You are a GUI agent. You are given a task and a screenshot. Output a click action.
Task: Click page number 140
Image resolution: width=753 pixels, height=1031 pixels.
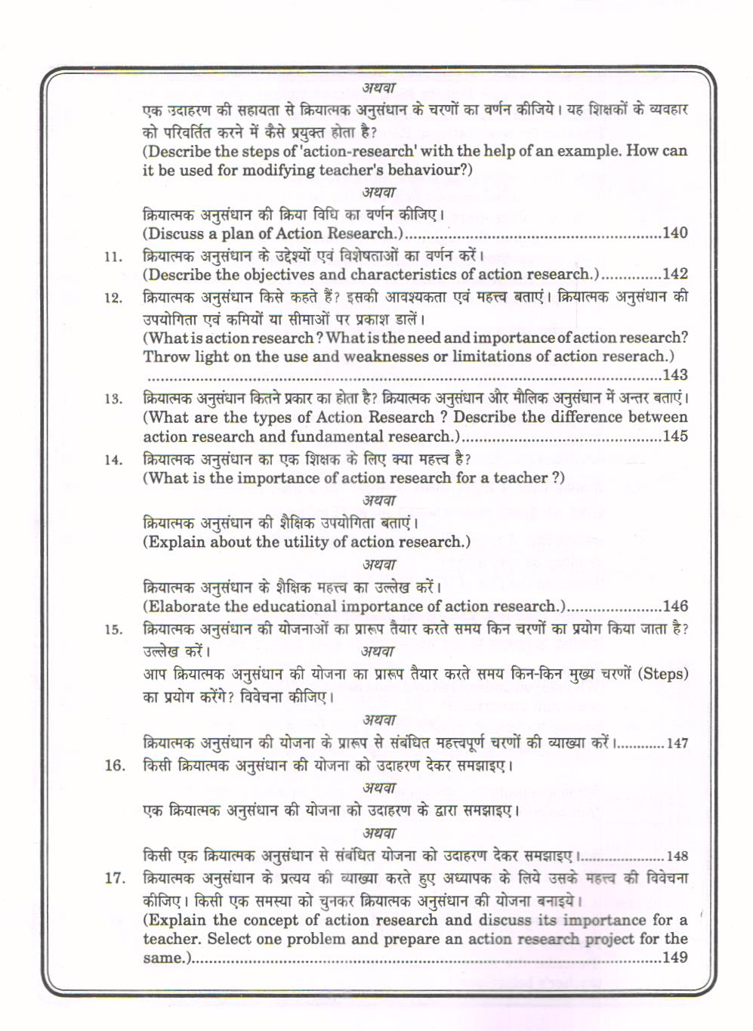pyautogui.click(x=674, y=233)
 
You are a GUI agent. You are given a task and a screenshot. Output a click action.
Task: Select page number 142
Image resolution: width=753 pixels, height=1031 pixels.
pyautogui.click(x=674, y=274)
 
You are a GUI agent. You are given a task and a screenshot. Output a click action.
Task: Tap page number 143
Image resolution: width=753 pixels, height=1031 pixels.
pyautogui.click(x=674, y=375)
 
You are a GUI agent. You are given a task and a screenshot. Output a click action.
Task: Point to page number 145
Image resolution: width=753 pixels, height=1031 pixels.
pyautogui.click(x=674, y=436)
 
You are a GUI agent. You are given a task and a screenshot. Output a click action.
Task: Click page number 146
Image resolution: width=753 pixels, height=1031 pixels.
pyautogui.click(x=674, y=606)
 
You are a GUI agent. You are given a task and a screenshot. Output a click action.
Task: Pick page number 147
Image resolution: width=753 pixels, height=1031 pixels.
pyautogui.click(x=677, y=743)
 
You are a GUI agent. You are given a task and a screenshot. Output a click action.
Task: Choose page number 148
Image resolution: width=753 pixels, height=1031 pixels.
pyautogui.click(x=677, y=857)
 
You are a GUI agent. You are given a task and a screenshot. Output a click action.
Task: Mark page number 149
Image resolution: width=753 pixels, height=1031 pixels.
pyautogui.click(x=674, y=958)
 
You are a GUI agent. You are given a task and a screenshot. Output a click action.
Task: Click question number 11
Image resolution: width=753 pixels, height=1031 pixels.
pyautogui.click(x=113, y=257)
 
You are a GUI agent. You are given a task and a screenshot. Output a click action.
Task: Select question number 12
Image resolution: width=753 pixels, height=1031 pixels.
pyautogui.click(x=113, y=298)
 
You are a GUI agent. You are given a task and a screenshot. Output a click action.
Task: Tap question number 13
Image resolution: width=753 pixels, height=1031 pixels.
pyautogui.click(x=113, y=399)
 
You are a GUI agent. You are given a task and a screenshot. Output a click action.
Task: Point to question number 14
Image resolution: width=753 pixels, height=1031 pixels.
pyautogui.click(x=113, y=460)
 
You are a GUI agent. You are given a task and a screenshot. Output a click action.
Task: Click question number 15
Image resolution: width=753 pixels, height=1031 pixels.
pyautogui.click(x=113, y=630)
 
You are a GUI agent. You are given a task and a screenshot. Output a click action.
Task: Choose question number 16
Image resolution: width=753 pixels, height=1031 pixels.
pyautogui.click(x=114, y=766)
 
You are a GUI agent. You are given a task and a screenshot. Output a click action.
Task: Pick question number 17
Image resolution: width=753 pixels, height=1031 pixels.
pyautogui.click(x=114, y=878)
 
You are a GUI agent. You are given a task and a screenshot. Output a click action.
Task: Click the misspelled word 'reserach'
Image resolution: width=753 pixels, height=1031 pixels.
pyautogui.click(x=634, y=357)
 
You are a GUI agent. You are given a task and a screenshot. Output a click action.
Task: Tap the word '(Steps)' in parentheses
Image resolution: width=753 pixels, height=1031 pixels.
pyautogui.click(x=664, y=674)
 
